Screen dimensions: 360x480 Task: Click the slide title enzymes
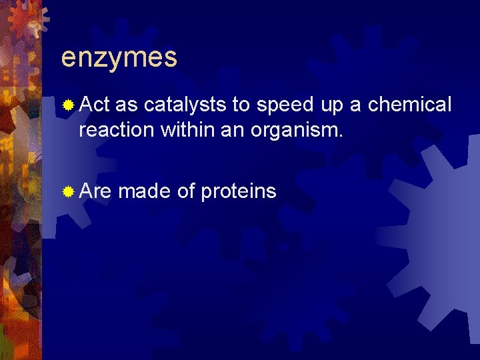point(119,59)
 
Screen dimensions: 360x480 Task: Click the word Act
point(94,105)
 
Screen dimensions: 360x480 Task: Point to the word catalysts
point(185,105)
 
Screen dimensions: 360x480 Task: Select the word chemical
point(410,105)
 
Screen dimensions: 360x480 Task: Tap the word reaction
point(116,129)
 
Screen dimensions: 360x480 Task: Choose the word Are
point(95,191)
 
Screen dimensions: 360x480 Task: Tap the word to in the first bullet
point(241,105)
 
